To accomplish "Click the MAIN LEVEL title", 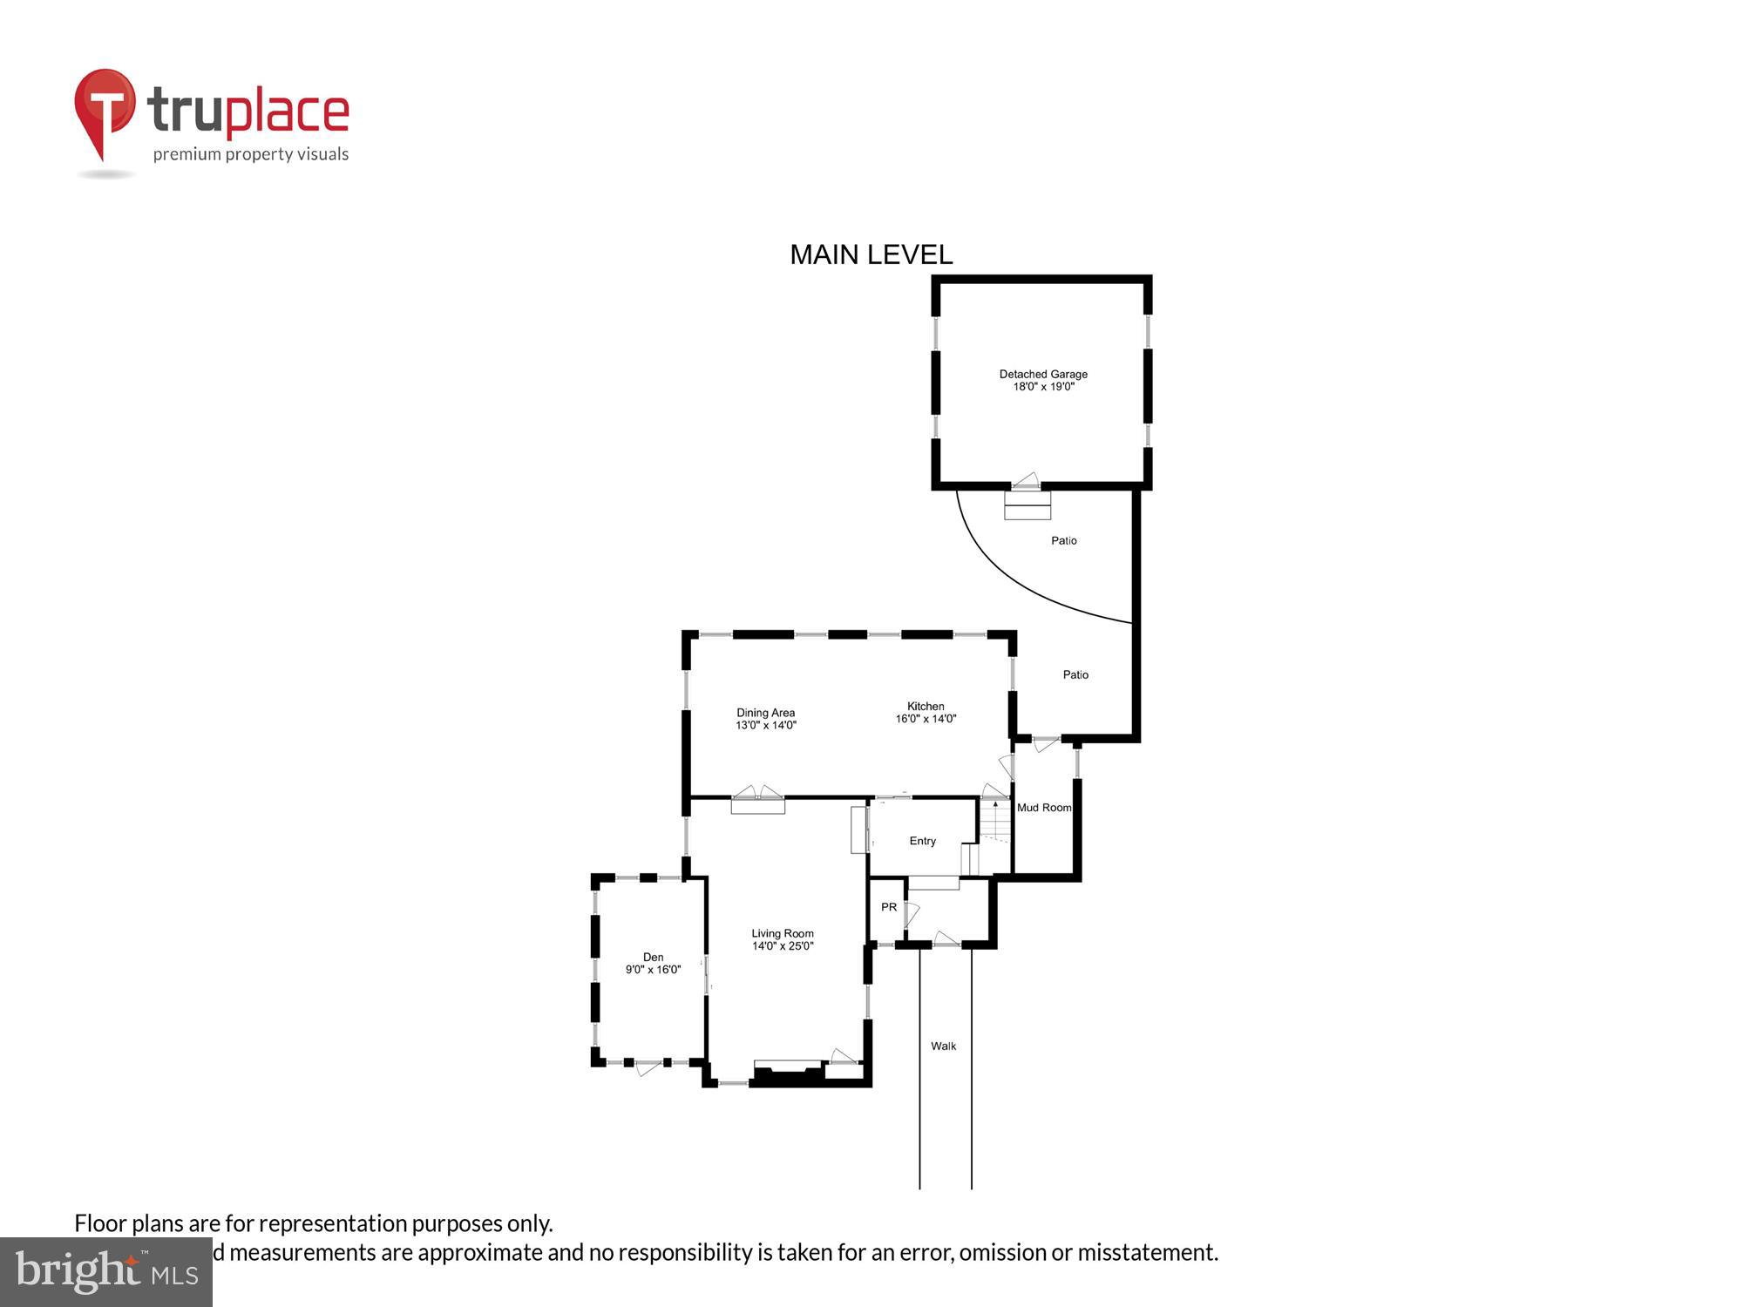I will [871, 254].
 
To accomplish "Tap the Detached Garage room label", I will [1043, 375].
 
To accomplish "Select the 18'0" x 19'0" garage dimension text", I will [1043, 387].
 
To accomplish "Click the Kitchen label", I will [926, 707].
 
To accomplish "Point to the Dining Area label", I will [765, 713].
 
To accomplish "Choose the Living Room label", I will [783, 933].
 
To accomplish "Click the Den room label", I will [653, 957].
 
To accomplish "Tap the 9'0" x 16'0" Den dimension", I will [653, 970].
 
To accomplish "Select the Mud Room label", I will [1044, 808].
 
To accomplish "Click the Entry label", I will [922, 841].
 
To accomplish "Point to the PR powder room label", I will [888, 907].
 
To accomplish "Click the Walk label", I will [943, 1046].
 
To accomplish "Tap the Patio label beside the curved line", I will [1063, 541].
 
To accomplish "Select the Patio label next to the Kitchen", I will [1075, 674].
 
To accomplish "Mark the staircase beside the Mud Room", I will [994, 823].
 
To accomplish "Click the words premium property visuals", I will [251, 155].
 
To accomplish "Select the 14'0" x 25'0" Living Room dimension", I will [783, 946].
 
